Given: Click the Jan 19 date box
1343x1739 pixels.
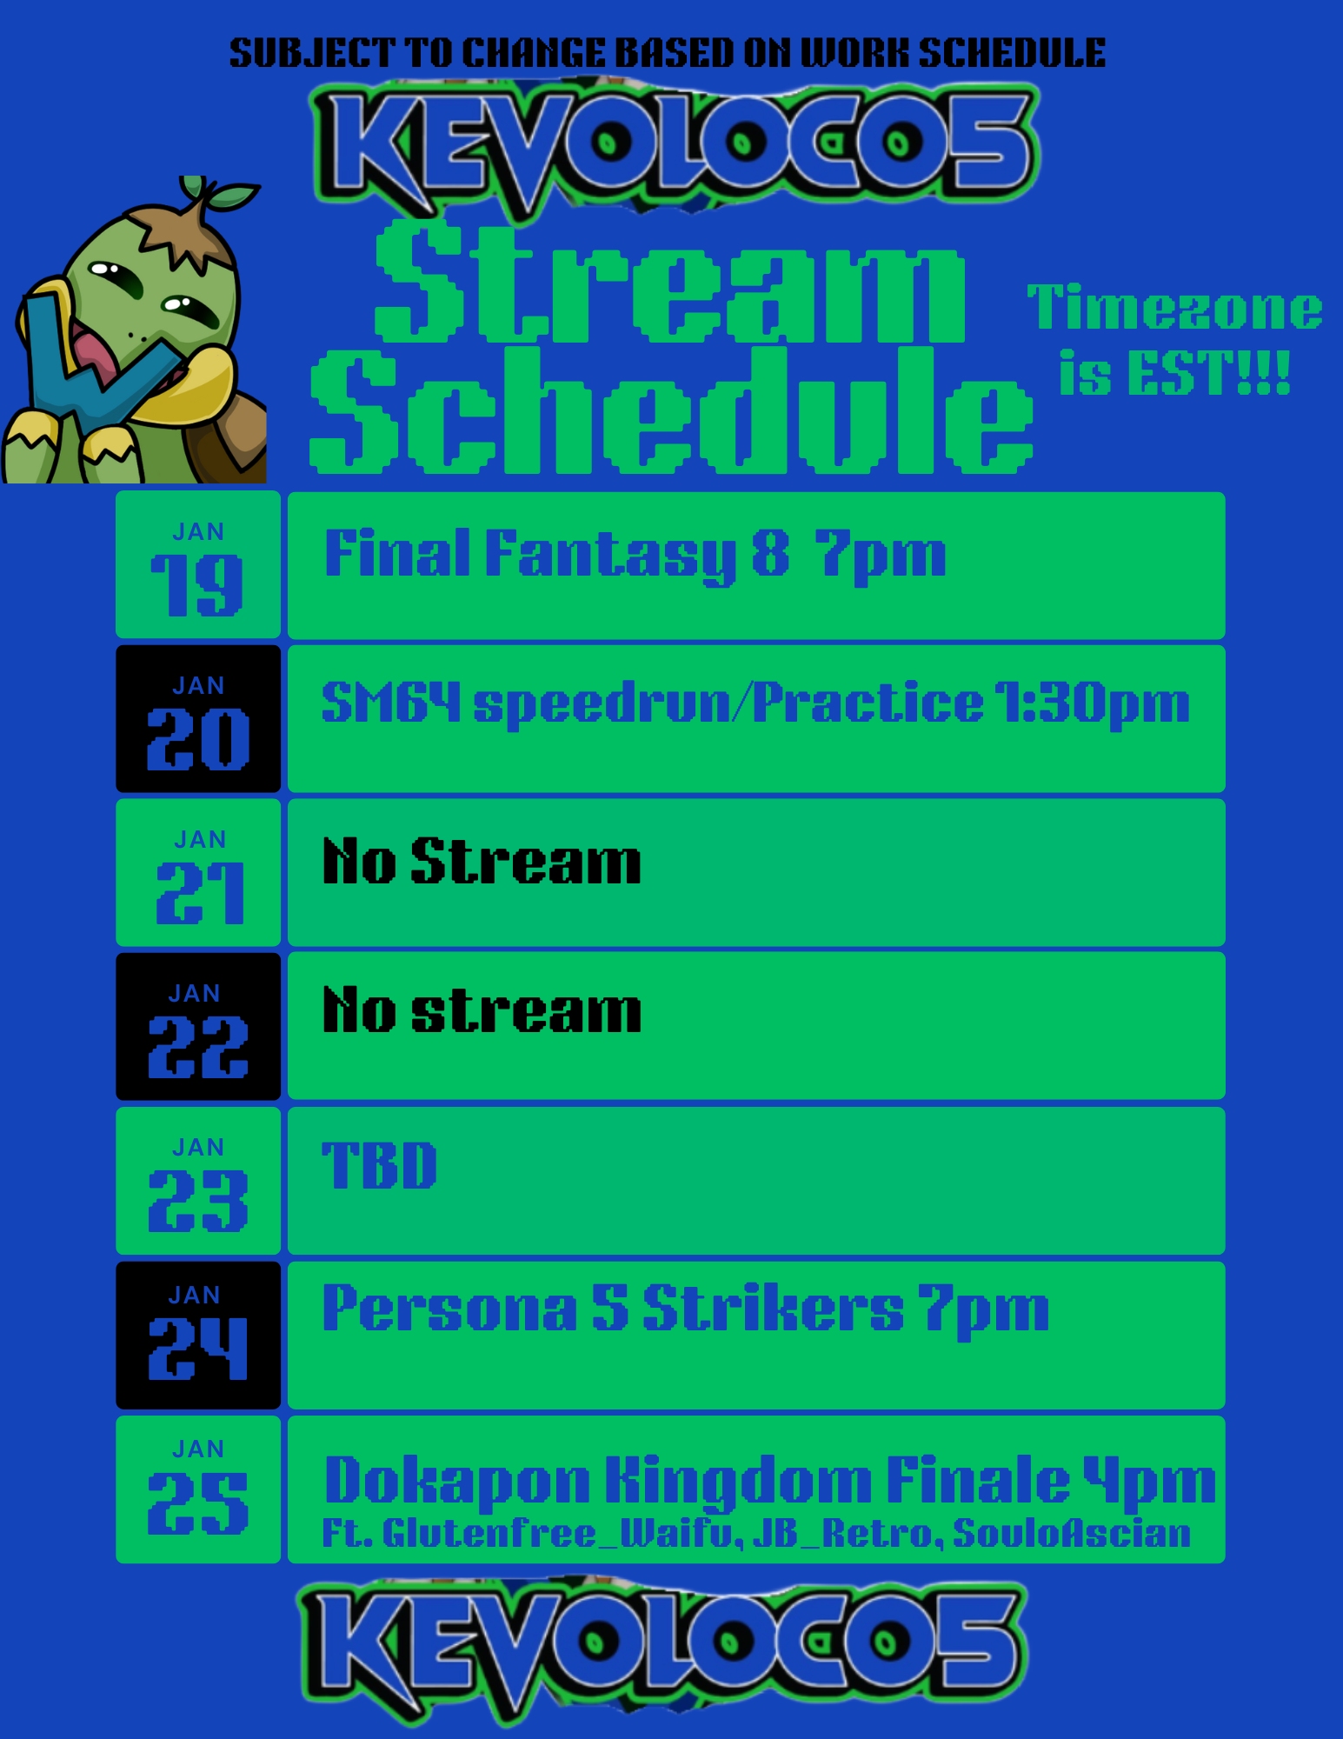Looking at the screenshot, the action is (x=198, y=565).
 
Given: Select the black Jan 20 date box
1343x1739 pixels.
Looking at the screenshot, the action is (x=198, y=719).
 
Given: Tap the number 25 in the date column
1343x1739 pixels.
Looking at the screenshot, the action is (x=198, y=1502).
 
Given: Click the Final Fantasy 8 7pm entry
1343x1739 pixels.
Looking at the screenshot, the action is (x=635, y=556).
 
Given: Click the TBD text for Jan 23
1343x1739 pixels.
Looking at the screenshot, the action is (x=379, y=1165).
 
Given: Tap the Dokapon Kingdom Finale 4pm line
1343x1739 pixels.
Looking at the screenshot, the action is (x=769, y=1482).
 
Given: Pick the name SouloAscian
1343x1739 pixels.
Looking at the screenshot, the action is (x=1072, y=1534).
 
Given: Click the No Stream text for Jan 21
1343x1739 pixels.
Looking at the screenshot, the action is (x=482, y=862).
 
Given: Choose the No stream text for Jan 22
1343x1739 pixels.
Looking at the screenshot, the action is (x=482, y=1010).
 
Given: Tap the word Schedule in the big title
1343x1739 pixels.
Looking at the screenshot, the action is (x=671, y=410).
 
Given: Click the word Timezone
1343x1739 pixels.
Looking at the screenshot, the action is (x=1174, y=308).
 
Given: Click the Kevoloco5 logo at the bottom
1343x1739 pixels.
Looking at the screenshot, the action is (x=663, y=1648).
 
